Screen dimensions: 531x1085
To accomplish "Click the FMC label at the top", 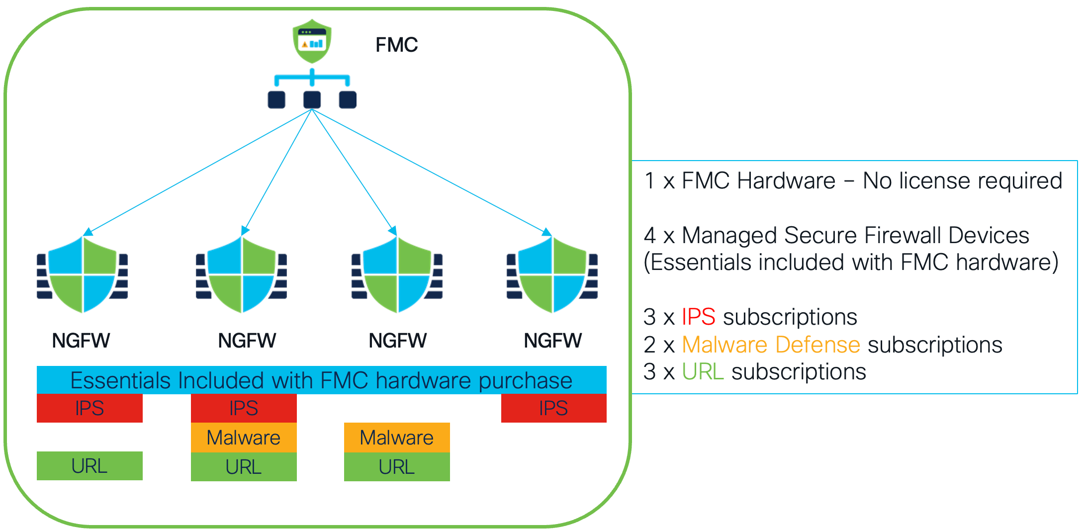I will pos(396,45).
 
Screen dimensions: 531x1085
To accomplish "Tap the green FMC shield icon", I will pos(312,41).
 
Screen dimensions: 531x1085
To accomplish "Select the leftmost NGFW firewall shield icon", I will pos(83,274).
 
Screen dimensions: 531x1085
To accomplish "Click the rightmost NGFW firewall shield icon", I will pos(552,274).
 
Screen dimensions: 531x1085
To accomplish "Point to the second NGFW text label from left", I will pos(247,341).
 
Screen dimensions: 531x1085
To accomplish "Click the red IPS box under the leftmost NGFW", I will pos(90,408).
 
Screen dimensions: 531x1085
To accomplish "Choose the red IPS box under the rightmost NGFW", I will pos(553,408).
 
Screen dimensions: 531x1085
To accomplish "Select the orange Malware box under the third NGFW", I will pos(397,438).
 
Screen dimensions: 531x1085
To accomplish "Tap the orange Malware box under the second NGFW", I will pos(244,438).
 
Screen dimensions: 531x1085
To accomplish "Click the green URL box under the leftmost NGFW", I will pos(90,466).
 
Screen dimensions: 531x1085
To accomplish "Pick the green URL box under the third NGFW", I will pos(397,467).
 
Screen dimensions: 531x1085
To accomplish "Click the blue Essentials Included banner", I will pos(321,380).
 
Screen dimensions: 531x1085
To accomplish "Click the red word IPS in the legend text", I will pos(698,317).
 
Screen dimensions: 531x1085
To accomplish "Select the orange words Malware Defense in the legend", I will pos(771,345).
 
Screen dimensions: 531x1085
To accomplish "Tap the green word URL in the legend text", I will pos(702,372).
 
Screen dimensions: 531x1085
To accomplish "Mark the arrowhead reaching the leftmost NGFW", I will pos(88,232).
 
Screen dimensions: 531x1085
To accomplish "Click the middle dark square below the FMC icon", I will pos(312,99).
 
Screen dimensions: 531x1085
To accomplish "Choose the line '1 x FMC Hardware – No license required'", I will pos(853,180).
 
